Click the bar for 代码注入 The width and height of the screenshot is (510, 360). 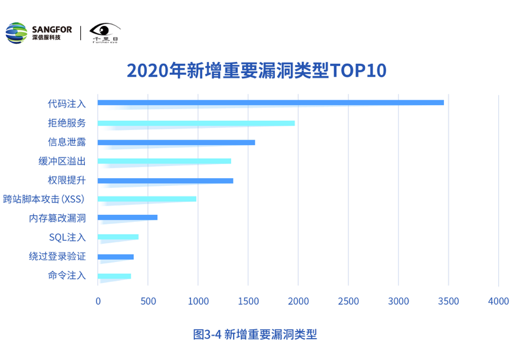coord(271,103)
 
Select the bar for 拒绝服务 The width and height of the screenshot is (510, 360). coord(196,123)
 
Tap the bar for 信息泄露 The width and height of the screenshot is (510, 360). coord(176,142)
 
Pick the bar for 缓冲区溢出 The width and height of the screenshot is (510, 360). coord(164,161)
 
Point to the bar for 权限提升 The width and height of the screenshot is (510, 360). coord(165,181)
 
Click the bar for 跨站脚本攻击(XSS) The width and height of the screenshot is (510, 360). coord(147,199)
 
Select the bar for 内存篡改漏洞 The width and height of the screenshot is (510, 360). coord(127,217)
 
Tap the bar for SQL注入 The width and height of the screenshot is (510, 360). coord(118,237)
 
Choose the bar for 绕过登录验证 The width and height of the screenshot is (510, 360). coord(116,257)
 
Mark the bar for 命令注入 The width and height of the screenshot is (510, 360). coord(114,276)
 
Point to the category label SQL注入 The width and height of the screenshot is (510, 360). coord(67,237)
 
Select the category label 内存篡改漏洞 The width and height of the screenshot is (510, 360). coord(58,218)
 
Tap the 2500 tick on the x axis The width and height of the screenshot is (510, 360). coord(348,301)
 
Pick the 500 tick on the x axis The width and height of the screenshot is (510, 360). coord(148,301)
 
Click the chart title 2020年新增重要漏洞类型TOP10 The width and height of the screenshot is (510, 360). coord(256,70)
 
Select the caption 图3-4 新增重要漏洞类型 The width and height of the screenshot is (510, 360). coord(255,335)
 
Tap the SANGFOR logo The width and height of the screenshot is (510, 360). coord(39,32)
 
